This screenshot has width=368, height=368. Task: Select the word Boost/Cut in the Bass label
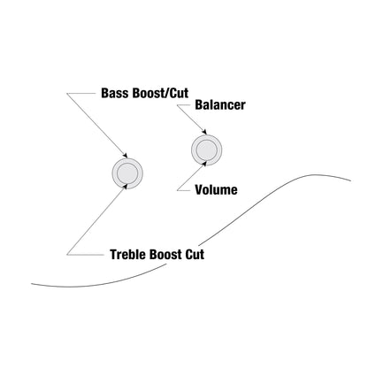[x=160, y=93]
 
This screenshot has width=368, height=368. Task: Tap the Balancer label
[x=220, y=105]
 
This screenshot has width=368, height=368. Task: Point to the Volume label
[x=216, y=190]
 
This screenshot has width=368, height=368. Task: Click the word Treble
[x=128, y=255]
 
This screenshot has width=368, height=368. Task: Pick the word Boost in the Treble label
[x=165, y=255]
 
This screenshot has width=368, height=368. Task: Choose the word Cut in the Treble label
[x=195, y=255]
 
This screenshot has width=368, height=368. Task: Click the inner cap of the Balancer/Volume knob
[x=206, y=149]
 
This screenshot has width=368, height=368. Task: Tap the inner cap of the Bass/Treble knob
[x=127, y=173]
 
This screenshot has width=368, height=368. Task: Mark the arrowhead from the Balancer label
[x=204, y=132]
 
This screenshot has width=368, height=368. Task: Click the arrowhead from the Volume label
[x=204, y=164]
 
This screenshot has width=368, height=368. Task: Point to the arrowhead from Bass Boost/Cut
[x=125, y=156]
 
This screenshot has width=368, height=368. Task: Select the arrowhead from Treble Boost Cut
[x=126, y=187]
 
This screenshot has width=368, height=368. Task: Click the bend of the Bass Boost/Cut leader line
[x=66, y=94]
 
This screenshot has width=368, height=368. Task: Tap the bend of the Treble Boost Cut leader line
[x=66, y=255]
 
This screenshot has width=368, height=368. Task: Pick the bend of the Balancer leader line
[x=177, y=105]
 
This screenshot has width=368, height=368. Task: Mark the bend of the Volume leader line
[x=177, y=190]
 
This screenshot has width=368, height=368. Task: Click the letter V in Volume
[x=199, y=190]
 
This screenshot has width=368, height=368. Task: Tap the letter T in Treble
[x=113, y=255]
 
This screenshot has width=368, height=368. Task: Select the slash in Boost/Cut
[x=166, y=93]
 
